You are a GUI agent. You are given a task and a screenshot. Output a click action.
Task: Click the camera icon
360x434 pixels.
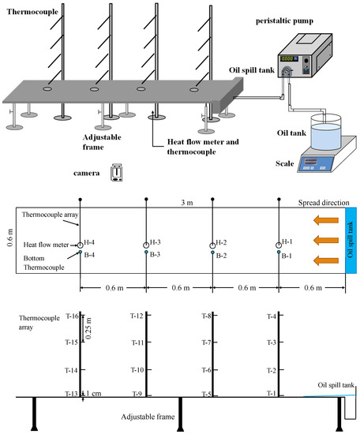(117, 173)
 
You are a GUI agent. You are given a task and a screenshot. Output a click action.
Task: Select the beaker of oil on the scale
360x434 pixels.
(326, 133)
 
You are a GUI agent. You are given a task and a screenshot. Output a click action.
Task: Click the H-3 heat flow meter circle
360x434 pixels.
(146, 245)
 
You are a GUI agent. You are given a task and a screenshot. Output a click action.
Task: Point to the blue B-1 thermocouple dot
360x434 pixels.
(279, 253)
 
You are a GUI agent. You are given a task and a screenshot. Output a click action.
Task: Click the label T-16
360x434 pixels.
(72, 316)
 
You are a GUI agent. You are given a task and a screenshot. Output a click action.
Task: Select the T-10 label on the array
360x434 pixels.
(137, 370)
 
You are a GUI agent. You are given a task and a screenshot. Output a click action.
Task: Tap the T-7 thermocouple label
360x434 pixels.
(207, 342)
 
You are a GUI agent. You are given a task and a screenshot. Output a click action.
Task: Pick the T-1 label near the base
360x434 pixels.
(272, 393)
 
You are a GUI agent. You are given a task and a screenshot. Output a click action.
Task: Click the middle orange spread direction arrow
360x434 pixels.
(326, 240)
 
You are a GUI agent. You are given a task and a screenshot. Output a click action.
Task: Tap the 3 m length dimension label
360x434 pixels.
(187, 203)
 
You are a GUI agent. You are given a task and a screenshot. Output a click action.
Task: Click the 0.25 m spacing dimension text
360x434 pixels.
(88, 328)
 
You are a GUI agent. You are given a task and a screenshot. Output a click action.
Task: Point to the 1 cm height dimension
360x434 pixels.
(94, 393)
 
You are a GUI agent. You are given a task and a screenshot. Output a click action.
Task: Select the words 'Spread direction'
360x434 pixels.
(324, 203)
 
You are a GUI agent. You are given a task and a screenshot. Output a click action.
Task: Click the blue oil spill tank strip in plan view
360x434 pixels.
(351, 240)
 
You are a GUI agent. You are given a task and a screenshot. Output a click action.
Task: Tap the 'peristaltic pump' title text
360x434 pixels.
(284, 21)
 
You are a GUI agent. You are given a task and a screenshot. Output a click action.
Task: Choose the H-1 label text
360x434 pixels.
(287, 242)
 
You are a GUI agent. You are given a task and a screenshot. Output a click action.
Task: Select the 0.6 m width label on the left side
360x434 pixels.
(10, 238)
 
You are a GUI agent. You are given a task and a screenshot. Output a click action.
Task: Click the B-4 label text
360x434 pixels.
(89, 255)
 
